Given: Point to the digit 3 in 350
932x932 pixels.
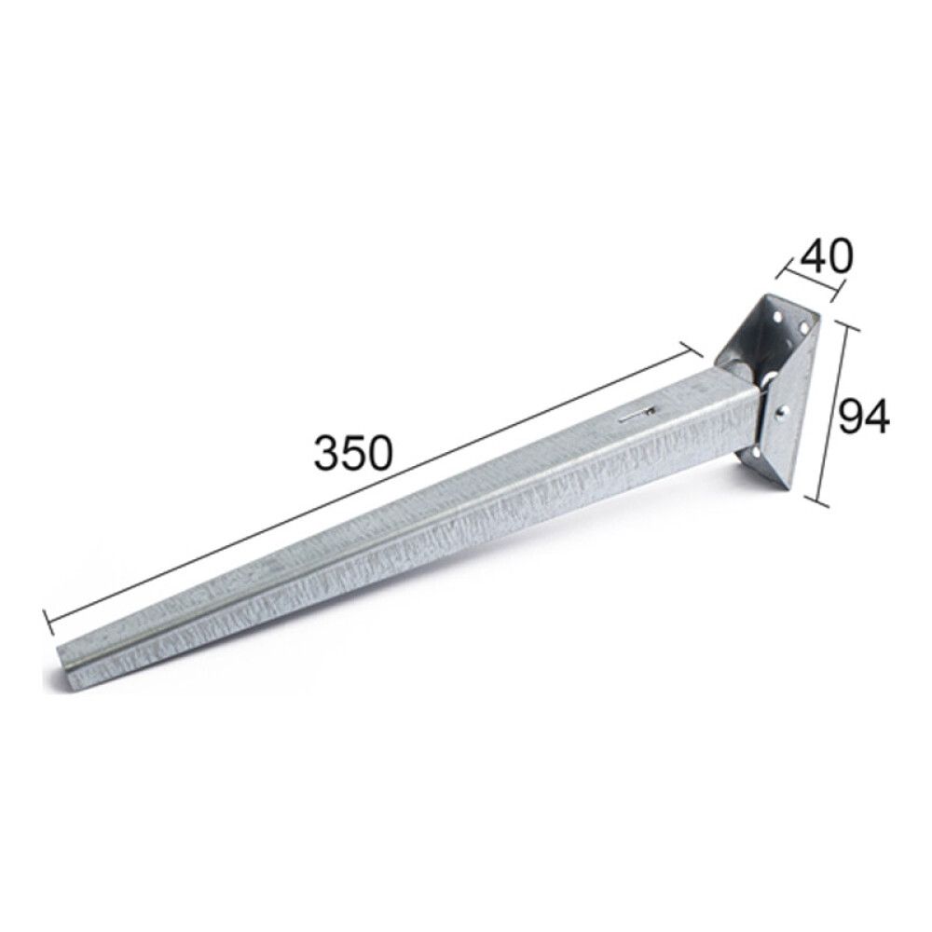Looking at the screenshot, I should point(326,453).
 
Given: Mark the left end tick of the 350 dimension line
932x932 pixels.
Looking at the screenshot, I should point(46,622).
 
